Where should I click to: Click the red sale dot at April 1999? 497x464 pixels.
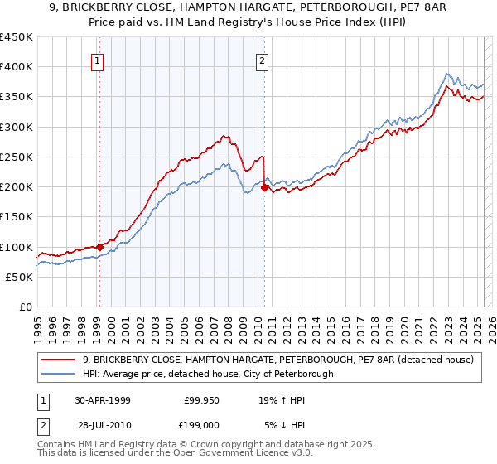[x=99, y=247]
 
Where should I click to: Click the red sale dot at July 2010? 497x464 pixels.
[x=264, y=187]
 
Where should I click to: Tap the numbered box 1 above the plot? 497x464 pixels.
[x=98, y=60]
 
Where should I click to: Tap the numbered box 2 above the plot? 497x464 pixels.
[x=262, y=60]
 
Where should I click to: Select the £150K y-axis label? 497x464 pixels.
[x=17, y=217]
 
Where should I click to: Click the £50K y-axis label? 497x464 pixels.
[x=20, y=277]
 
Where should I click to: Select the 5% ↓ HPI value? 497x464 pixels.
[x=286, y=426]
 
